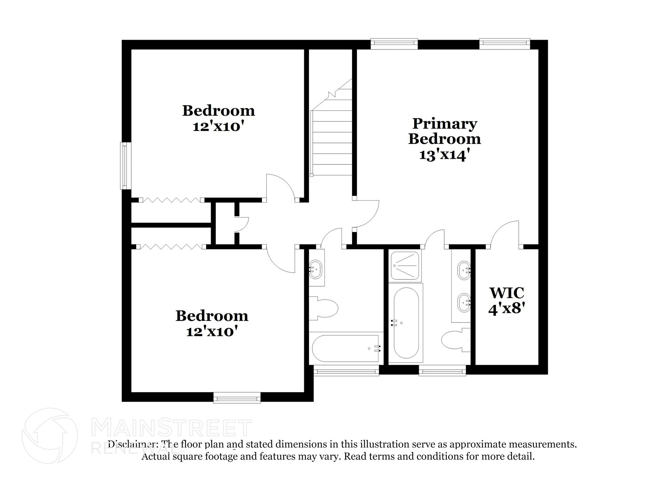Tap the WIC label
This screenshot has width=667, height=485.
[507, 292]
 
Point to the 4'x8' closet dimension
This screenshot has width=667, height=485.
[507, 308]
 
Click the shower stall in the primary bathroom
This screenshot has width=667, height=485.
[405, 265]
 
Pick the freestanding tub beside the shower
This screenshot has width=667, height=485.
[406, 322]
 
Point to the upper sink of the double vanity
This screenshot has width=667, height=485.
[464, 270]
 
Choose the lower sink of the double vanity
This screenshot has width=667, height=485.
[464, 302]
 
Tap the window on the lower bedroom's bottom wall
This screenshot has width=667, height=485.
[237, 397]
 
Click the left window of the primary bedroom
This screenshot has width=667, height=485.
[394, 44]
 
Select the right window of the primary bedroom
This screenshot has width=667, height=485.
[504, 44]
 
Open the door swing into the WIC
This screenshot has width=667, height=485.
[505, 234]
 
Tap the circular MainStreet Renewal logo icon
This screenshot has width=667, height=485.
[50, 436]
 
